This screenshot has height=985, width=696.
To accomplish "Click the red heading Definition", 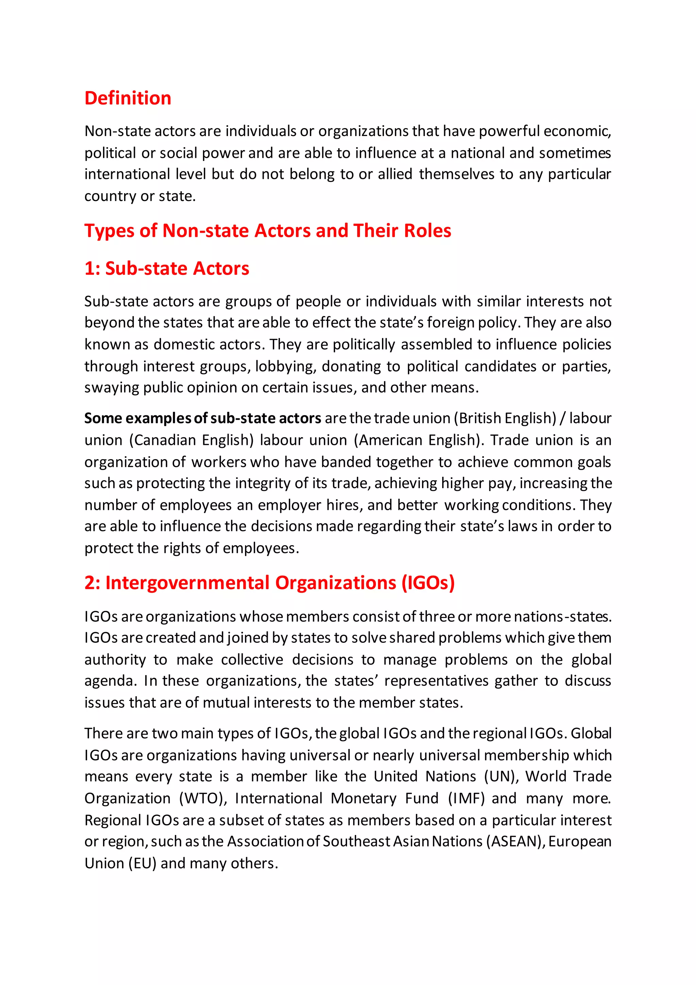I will point(128,98).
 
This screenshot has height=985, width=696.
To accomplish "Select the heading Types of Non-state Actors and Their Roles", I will point(267,231).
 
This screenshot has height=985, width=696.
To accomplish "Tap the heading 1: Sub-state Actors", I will point(167,269).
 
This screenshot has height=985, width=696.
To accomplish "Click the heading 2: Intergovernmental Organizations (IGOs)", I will point(269,583).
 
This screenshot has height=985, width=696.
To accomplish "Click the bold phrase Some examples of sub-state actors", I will point(202,418).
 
